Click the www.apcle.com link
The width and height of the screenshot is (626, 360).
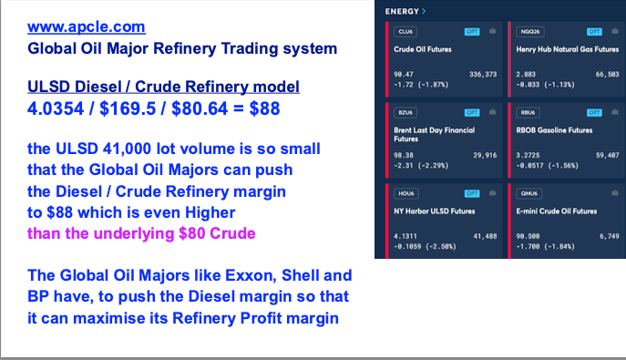click(87, 26)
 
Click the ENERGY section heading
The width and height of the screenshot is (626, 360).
click(402, 12)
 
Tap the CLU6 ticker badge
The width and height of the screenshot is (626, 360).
click(405, 32)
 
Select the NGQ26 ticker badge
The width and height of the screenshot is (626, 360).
click(530, 32)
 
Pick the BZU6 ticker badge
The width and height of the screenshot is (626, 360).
click(405, 112)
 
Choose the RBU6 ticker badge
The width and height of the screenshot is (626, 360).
click(528, 112)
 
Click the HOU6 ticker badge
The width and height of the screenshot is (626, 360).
click(406, 193)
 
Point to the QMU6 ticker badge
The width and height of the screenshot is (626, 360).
click(529, 193)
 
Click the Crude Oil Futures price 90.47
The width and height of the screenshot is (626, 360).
click(404, 74)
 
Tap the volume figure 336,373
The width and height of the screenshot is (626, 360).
click(483, 74)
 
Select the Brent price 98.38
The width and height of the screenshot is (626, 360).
click(404, 155)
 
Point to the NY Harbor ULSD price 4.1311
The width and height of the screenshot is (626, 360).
click(405, 236)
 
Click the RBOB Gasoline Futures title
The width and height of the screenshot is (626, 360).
click(554, 130)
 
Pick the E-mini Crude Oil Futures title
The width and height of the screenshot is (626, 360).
click(557, 211)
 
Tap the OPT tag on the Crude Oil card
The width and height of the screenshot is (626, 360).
click(472, 32)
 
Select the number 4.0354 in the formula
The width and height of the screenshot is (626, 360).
click(56, 108)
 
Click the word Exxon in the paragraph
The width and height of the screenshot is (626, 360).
click(251, 275)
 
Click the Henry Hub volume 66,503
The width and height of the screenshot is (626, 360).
click(607, 74)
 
